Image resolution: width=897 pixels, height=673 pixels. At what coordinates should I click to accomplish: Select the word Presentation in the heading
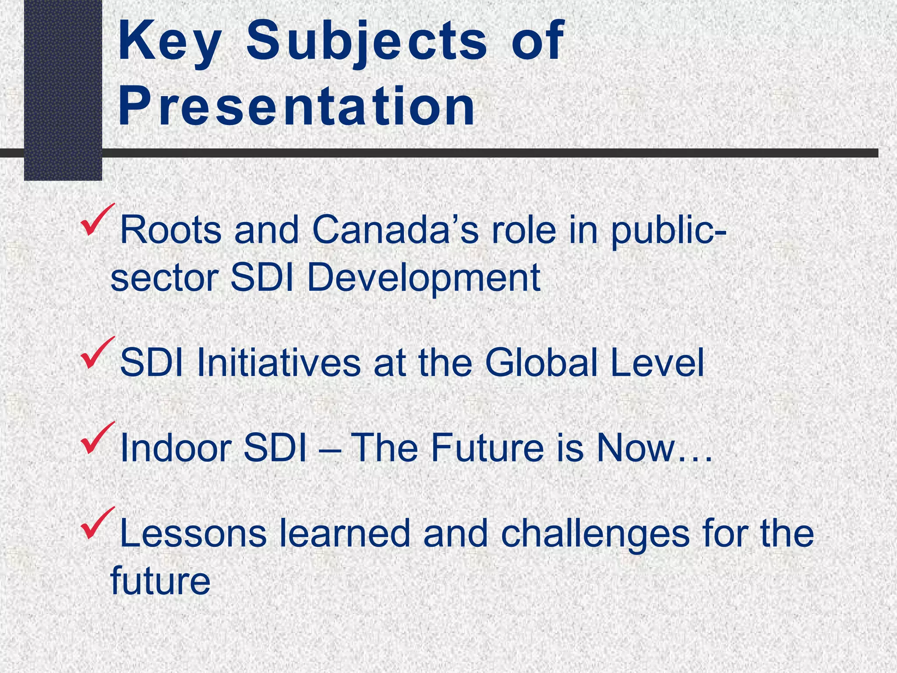point(297,107)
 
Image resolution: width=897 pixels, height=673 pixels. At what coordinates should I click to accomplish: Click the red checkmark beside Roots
point(97,220)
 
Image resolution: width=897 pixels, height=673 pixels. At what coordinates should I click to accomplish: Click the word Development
point(424,278)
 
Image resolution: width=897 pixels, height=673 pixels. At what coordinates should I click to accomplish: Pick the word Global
point(541,363)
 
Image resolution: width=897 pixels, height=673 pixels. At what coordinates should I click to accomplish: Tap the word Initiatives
point(279,363)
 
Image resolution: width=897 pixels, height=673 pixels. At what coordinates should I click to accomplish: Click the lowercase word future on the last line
point(160,581)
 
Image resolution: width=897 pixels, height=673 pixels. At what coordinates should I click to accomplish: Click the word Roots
point(171,230)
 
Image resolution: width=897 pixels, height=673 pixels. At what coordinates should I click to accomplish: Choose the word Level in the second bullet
point(657,363)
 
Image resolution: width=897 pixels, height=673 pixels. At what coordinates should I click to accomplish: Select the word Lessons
point(193,534)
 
